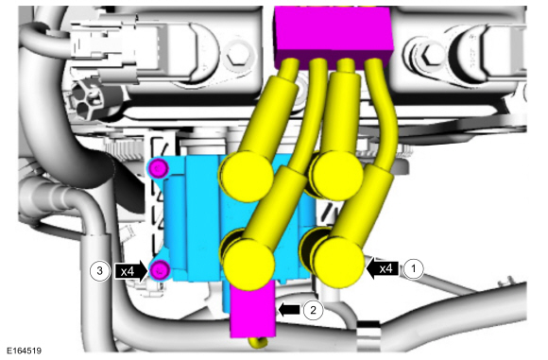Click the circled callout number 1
click(x=414, y=269)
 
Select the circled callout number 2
click(x=313, y=310)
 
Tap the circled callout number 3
click(x=99, y=271)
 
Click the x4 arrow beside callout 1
click(x=383, y=268)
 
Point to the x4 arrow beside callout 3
click(x=131, y=271)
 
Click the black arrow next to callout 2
click(x=289, y=310)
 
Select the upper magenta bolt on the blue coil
click(x=159, y=168)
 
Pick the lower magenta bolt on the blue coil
click(x=160, y=270)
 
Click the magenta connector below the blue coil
click(x=252, y=309)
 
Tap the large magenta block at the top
click(x=334, y=34)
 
